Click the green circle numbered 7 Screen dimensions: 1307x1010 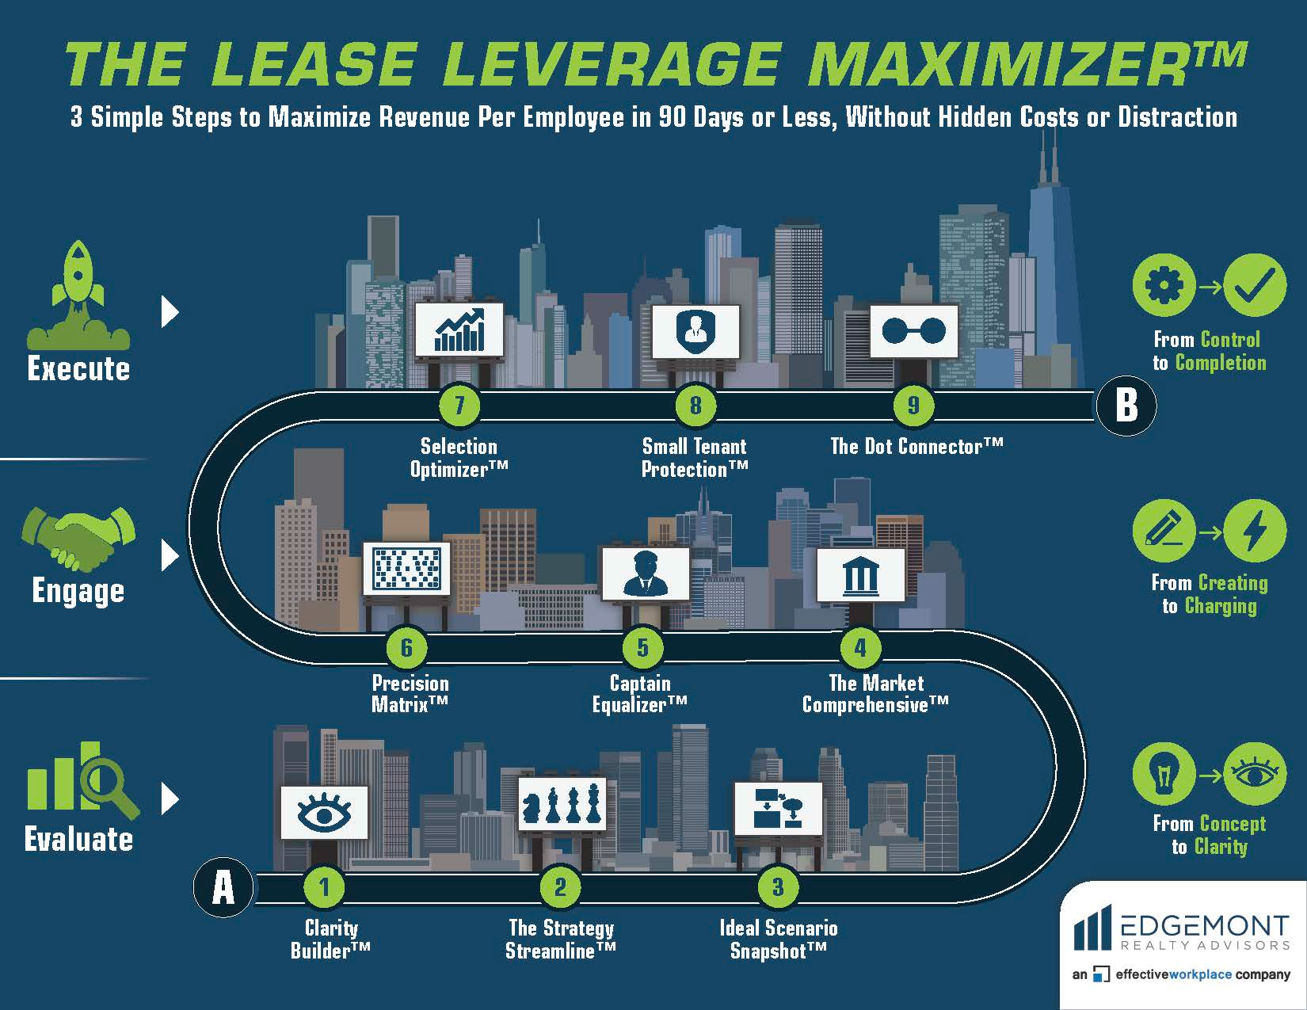[459, 406]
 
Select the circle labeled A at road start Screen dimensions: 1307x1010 [223, 887]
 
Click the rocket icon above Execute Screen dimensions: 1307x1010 [78, 296]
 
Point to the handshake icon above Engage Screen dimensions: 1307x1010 [78, 538]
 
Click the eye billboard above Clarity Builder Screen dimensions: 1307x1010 [324, 812]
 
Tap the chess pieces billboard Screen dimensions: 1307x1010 [562, 804]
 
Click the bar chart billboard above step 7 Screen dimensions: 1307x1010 [459, 330]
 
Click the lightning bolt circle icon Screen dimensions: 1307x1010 [1254, 530]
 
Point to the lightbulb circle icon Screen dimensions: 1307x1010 [1163, 773]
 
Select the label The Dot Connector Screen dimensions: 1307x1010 [916, 447]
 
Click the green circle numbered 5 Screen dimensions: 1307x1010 [642, 648]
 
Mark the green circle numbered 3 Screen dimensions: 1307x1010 [778, 887]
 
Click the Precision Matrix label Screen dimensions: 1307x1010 [410, 694]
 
